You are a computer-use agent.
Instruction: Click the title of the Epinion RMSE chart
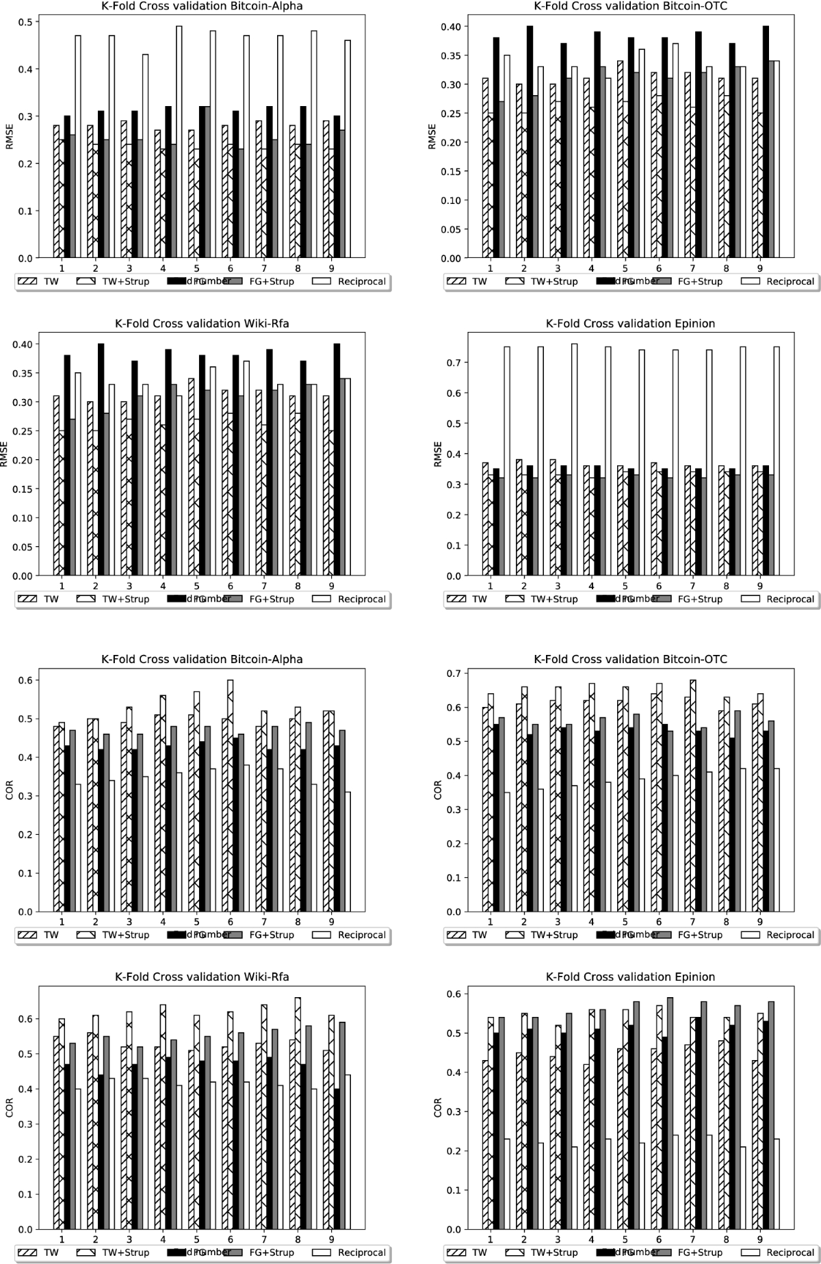click(630, 324)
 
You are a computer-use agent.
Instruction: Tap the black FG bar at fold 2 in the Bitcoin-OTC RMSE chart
click(530, 142)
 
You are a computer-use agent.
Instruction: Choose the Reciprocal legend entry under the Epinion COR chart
click(790, 1252)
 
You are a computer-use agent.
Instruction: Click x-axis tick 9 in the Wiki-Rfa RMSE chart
click(331, 586)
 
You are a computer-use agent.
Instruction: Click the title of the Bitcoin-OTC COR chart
click(630, 660)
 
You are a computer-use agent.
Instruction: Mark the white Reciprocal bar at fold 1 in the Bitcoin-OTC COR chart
click(507, 852)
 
